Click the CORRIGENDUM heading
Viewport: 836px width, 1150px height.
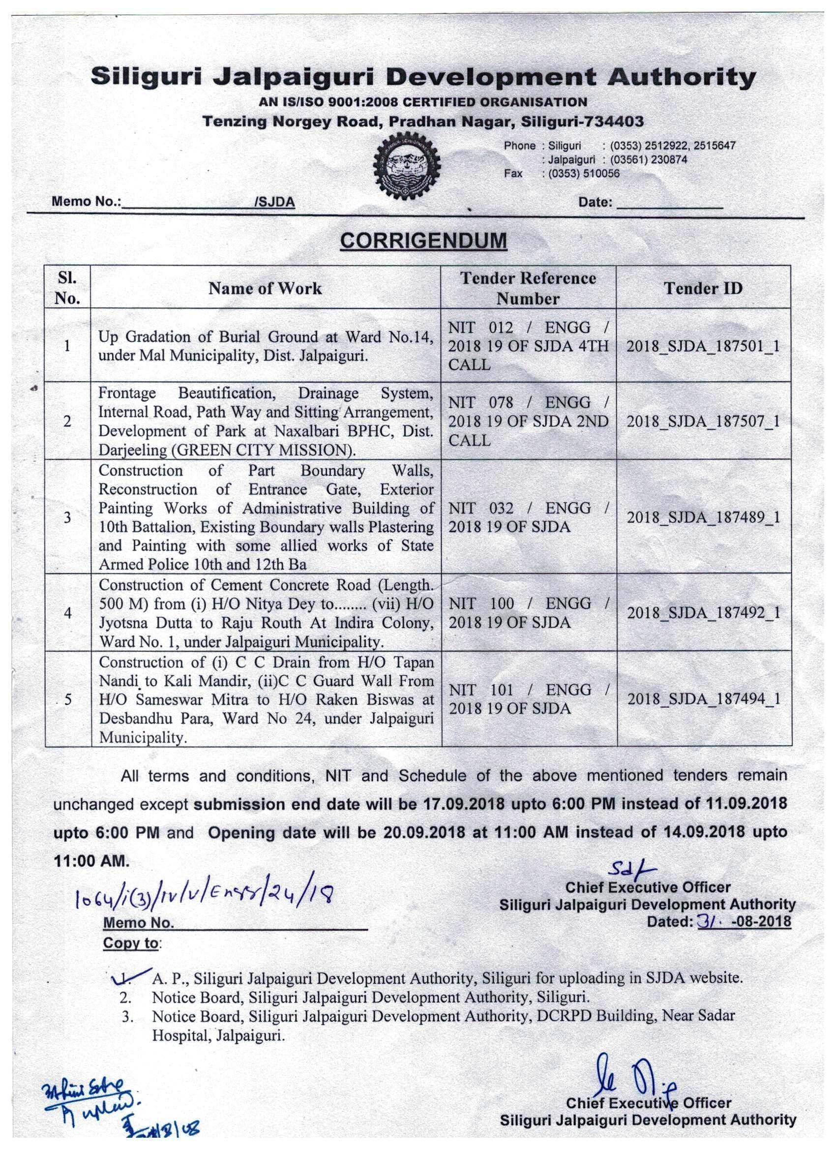tap(423, 241)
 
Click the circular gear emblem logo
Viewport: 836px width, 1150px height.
tap(406, 166)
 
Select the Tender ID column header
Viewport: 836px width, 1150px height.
tap(703, 288)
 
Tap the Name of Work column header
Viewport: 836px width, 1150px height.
tap(265, 289)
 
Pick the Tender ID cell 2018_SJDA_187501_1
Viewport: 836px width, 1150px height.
tap(703, 347)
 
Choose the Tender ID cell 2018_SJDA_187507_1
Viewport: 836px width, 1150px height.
tap(703, 422)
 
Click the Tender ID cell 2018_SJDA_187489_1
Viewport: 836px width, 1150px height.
tap(703, 518)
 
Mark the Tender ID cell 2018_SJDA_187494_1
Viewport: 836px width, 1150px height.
tap(703, 699)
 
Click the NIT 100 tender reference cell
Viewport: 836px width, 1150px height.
tap(528, 613)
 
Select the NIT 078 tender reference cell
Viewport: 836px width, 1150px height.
tap(528, 422)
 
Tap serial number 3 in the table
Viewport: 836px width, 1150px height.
tap(67, 518)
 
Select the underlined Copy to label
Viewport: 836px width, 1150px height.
tap(131, 943)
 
